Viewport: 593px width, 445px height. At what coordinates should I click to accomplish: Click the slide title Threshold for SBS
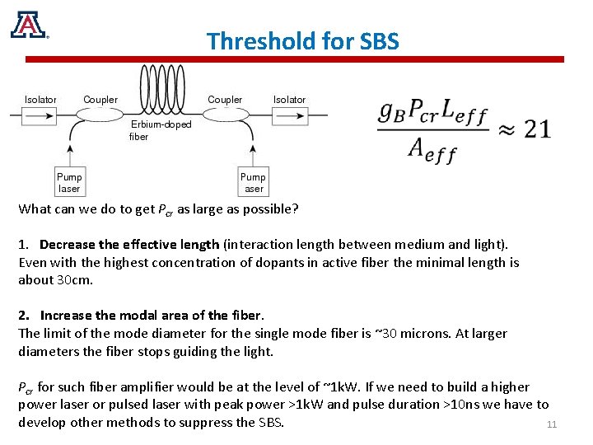pos(302,40)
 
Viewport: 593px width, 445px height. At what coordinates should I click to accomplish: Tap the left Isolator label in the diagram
pos(40,100)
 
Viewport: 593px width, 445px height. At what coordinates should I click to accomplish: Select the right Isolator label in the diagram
pos(289,100)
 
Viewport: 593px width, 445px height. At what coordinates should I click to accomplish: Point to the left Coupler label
pos(100,100)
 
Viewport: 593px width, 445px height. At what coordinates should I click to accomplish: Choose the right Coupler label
pos(225,100)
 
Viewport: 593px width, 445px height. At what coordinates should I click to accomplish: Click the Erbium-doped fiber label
pos(160,130)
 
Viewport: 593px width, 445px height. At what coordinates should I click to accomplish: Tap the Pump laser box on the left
pos(69,183)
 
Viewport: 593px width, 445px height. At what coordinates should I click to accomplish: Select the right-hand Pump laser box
pos(253,183)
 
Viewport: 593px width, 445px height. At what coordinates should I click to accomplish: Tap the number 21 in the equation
pos(537,129)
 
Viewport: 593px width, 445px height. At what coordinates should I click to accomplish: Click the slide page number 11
pos(552,425)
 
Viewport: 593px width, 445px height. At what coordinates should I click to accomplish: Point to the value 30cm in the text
pos(71,279)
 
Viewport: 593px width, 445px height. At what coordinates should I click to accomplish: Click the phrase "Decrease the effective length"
pos(129,245)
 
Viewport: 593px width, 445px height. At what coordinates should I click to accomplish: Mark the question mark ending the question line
pos(295,209)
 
